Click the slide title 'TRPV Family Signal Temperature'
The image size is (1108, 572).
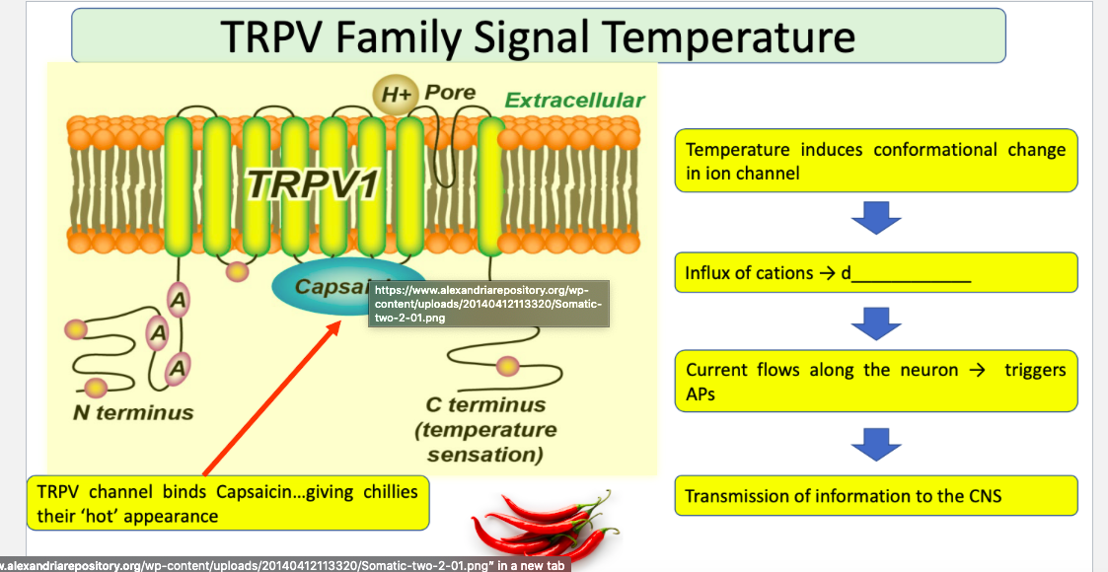point(538,36)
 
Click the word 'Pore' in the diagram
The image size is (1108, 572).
point(451,93)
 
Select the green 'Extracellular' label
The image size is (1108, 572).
point(574,100)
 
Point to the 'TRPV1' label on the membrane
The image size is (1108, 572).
point(314,184)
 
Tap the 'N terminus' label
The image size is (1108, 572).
point(133,412)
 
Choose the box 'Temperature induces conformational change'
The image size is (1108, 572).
point(875,161)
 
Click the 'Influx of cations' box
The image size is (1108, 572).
point(875,272)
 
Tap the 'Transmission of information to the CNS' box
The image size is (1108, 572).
point(875,495)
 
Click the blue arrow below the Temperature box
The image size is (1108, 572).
point(876,217)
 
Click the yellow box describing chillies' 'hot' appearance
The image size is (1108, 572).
point(227,503)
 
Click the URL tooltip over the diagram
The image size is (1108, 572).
point(488,305)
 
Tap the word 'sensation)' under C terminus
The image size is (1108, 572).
point(485,455)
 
